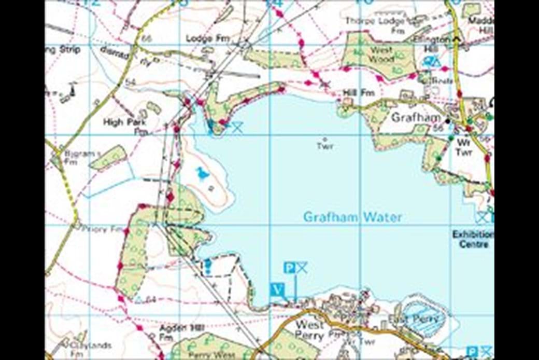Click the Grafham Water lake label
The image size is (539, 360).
click(352, 217)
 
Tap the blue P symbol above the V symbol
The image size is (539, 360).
click(290, 268)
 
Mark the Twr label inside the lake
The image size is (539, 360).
click(325, 146)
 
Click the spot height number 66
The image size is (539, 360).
click(146, 39)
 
